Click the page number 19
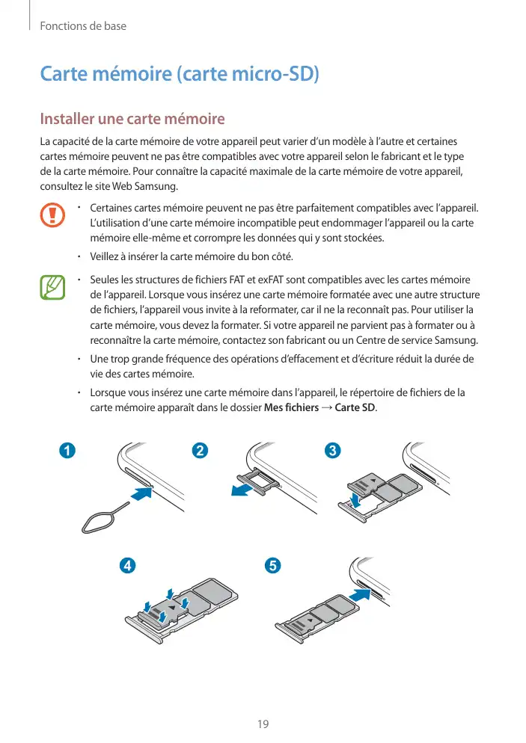coord(263,724)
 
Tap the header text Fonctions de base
coord(83,26)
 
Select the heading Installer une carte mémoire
coord(132,119)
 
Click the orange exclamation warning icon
coord(52,214)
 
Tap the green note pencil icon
coord(52,288)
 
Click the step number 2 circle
coord(200,451)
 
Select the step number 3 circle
coord(333,451)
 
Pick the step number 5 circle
coord(272,565)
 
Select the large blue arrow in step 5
coord(361,596)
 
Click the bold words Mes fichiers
coord(292,407)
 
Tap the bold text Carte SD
coord(355,407)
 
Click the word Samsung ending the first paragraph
coord(155,185)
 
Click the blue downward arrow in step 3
coord(356,498)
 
